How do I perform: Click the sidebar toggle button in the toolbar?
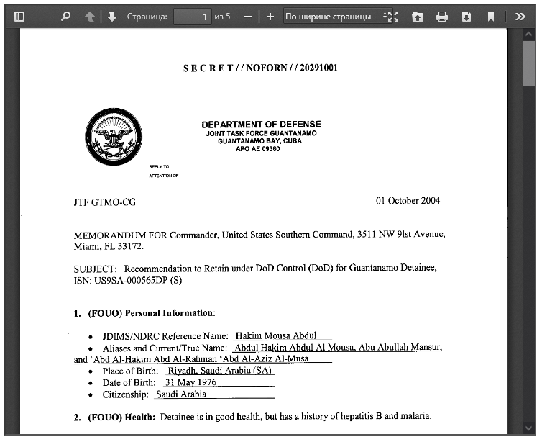coord(19,16)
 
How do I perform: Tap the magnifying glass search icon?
coord(65,16)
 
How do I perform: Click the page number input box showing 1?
coord(192,16)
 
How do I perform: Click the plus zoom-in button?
coord(270,16)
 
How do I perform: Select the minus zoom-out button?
coord(247,16)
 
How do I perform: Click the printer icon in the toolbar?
coord(442,16)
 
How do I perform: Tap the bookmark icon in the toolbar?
coord(491,16)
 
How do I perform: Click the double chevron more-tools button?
coord(520,16)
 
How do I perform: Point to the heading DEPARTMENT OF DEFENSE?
coord(261,125)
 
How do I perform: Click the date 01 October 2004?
coord(408,201)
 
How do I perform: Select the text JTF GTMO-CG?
coord(104,202)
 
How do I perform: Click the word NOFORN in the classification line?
coord(266,68)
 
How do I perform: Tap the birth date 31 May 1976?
coord(190,382)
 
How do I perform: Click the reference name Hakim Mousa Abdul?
coord(276,335)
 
